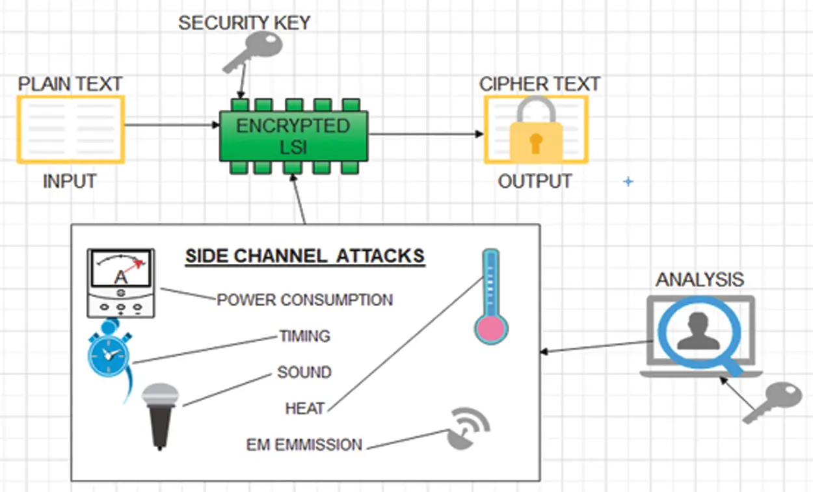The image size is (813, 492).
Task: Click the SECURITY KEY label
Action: click(244, 23)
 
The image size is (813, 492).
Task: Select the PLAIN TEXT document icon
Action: click(70, 129)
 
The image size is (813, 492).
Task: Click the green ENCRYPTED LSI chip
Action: click(293, 136)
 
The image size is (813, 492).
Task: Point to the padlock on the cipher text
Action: click(536, 130)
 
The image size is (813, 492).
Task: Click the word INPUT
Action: click(70, 182)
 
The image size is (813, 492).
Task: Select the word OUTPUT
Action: click(535, 181)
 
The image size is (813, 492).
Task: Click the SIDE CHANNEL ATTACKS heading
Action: click(304, 256)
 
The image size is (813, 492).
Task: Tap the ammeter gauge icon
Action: click(121, 283)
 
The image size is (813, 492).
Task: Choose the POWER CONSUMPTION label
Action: click(304, 300)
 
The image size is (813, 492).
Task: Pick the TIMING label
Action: click(304, 337)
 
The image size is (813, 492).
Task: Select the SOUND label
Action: click(304, 373)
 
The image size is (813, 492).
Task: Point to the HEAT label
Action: click(304, 409)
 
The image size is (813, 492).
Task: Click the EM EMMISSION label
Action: click(304, 445)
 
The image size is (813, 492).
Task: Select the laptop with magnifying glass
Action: click(700, 335)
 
